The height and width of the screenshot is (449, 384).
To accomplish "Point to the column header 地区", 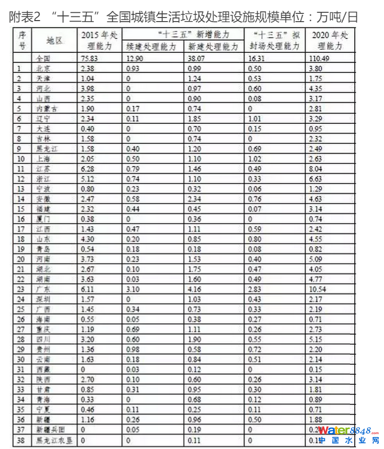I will tap(54, 41).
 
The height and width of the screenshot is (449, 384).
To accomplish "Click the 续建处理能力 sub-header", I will tap(153, 47).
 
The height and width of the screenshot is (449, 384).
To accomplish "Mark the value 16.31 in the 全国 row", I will tap(258, 59).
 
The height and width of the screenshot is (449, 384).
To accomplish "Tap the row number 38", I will tap(22, 440).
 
